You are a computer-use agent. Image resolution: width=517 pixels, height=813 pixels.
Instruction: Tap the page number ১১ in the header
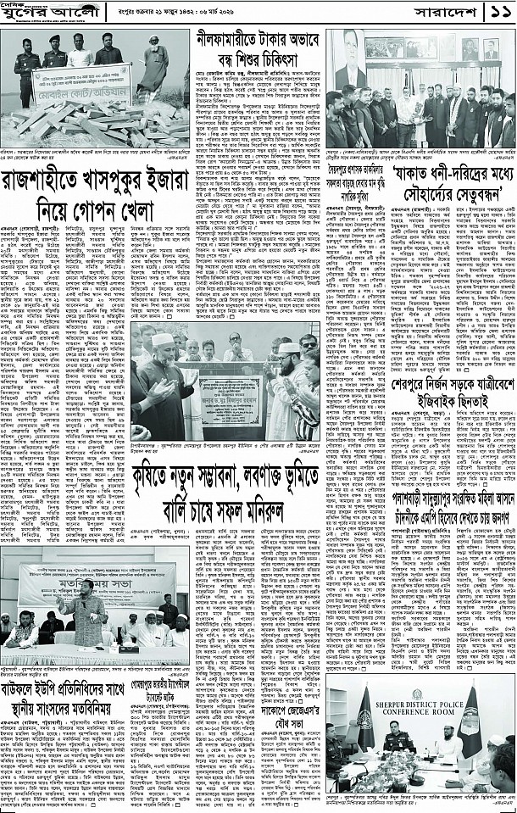[496, 14]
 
